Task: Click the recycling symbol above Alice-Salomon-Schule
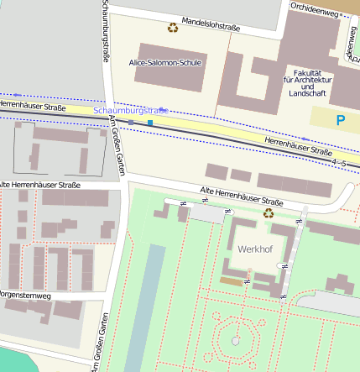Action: (x=173, y=28)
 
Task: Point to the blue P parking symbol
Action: (x=341, y=121)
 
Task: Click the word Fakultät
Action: (x=308, y=72)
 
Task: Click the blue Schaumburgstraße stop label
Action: (x=131, y=111)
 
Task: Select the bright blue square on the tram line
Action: (x=150, y=123)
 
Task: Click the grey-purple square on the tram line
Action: (x=131, y=123)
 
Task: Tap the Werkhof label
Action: (x=254, y=250)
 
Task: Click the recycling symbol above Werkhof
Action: (x=269, y=213)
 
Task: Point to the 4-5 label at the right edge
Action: (x=339, y=160)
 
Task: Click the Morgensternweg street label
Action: (x=27, y=295)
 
